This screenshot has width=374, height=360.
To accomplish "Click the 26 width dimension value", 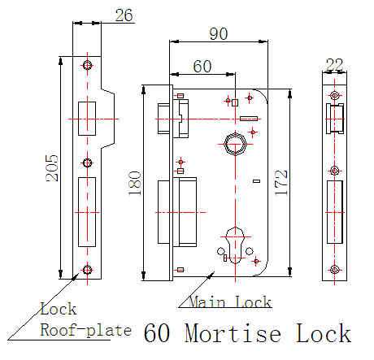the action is [x=124, y=15].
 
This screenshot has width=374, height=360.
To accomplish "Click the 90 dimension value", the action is [x=219, y=34].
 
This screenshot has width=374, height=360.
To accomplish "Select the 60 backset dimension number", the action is [x=202, y=67].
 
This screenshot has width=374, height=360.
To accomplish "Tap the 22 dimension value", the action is [x=334, y=64].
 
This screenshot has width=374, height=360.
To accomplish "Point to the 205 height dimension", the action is [x=52, y=168].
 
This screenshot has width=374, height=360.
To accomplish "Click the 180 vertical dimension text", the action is [x=135, y=183].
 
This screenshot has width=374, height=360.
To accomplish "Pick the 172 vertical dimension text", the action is [x=281, y=182].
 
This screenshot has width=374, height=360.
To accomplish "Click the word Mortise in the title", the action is [x=233, y=333].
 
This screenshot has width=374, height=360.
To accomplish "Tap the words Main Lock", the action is [x=230, y=301].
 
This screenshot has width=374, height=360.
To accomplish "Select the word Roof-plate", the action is [x=86, y=330].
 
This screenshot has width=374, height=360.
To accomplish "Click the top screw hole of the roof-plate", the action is [x=87, y=65].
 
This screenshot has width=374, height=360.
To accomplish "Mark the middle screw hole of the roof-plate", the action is [x=87, y=163].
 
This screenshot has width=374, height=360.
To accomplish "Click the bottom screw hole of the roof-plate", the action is [x=87, y=270].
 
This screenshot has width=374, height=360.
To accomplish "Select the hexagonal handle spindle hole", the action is [x=235, y=144].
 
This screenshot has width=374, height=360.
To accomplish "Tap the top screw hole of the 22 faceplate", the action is [x=335, y=95].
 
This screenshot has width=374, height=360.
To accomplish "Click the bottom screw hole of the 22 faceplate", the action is [x=335, y=270].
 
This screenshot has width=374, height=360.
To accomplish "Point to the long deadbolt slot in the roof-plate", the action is [x=87, y=212].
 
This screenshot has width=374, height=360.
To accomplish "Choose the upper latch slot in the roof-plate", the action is [x=87, y=119].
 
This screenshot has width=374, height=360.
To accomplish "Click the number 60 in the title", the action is [x=157, y=333].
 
